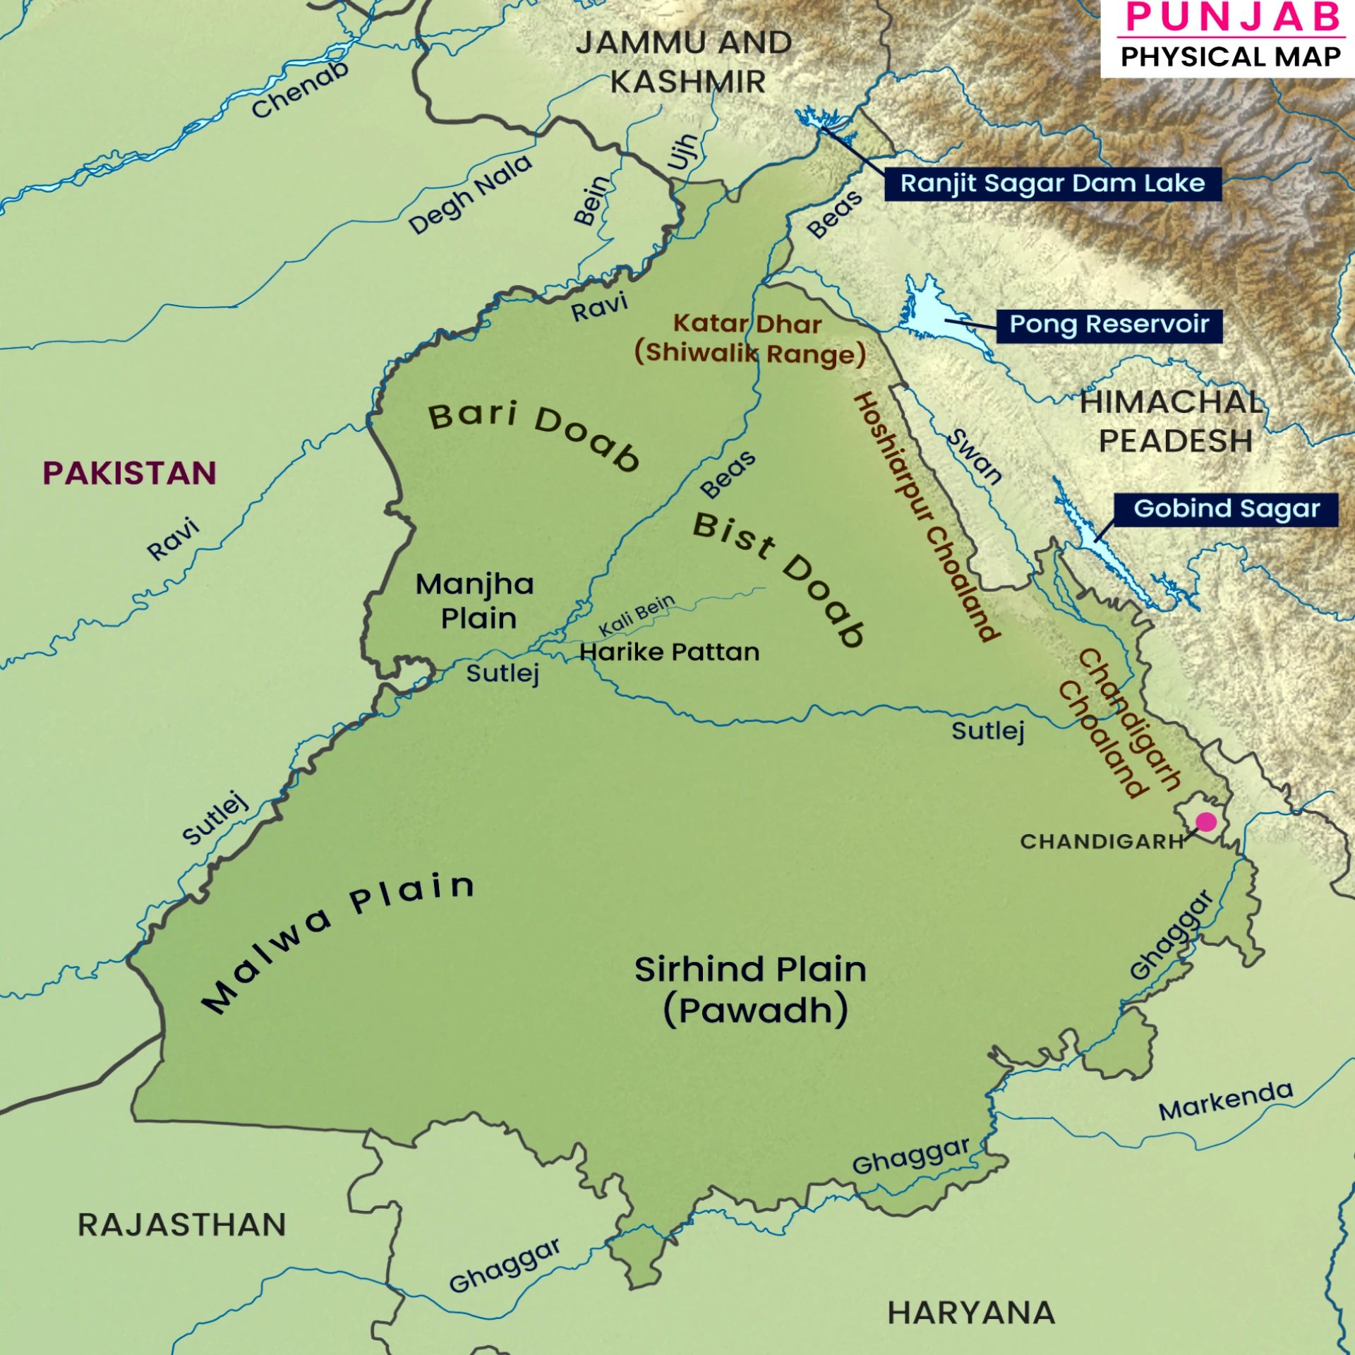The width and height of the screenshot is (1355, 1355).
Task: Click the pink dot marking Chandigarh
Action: click(x=1206, y=821)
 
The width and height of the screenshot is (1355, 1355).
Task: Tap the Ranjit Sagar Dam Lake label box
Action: click(x=1052, y=184)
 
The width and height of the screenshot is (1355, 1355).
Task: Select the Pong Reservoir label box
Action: click(x=1109, y=325)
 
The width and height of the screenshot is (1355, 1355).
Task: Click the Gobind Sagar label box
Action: click(x=1226, y=510)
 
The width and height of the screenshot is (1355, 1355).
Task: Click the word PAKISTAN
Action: click(x=130, y=474)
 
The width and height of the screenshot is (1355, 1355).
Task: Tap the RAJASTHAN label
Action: click(x=182, y=1225)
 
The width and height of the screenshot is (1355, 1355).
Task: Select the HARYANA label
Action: click(x=971, y=1313)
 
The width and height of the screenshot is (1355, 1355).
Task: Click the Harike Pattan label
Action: click(x=669, y=652)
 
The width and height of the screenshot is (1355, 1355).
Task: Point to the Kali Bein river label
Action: click(x=637, y=615)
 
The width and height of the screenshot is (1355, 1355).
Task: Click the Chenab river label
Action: click(x=300, y=90)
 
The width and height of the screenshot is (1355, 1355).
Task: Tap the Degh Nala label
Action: click(x=470, y=194)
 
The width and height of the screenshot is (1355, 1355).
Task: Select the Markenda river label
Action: click(x=1226, y=1101)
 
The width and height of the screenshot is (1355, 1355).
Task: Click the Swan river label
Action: click(x=975, y=457)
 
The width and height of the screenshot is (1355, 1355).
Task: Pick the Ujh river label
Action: click(x=682, y=152)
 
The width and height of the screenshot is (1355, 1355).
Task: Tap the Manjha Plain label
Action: click(x=475, y=601)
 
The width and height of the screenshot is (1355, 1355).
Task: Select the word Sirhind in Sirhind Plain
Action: click(x=699, y=970)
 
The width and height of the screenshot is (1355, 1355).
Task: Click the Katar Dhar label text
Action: click(x=747, y=324)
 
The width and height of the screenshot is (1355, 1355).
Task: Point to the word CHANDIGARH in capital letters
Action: click(x=1102, y=842)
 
